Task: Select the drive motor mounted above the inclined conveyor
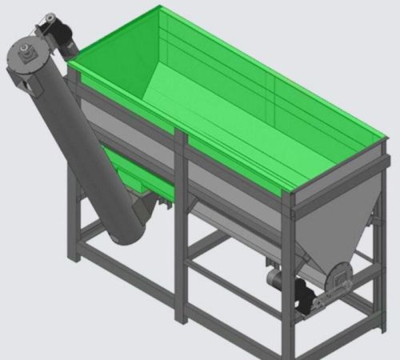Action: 58,30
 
